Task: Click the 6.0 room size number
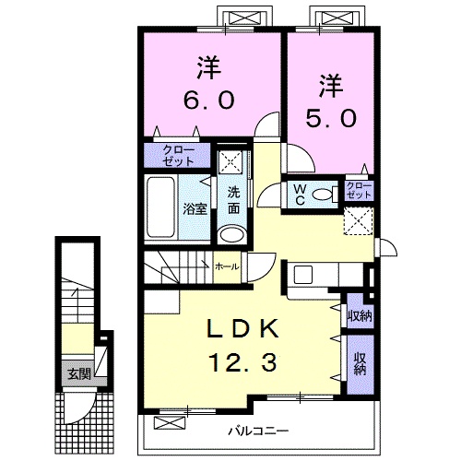209,100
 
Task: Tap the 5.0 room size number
331,118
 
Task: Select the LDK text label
242,329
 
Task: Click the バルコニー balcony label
258,431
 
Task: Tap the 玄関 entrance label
79,374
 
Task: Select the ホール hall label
227,266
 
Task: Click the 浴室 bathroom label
195,209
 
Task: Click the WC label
300,195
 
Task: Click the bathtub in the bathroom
161,207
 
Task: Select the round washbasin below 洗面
232,234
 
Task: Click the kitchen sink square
303,275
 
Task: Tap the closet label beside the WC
359,190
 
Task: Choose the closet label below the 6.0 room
179,156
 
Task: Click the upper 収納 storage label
360,315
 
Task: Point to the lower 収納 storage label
361,364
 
